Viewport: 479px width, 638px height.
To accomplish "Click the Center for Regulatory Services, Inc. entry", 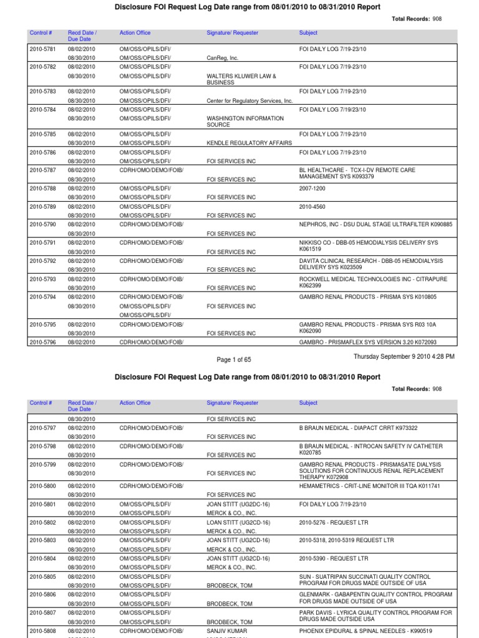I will [249, 100].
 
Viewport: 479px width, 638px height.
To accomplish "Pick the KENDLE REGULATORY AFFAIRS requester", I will [249, 143].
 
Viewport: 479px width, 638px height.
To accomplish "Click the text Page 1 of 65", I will [233, 359].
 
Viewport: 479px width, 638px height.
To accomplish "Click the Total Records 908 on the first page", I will [416, 19].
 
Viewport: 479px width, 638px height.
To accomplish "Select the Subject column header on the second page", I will [308, 403].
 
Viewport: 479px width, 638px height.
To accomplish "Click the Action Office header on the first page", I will [135, 33].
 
